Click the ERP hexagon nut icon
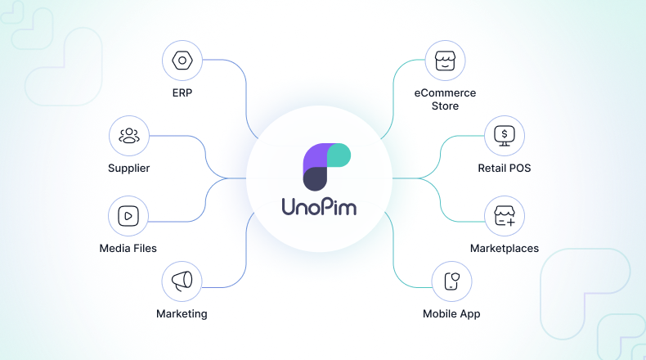(x=182, y=61)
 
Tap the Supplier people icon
(x=129, y=135)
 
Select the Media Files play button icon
(x=128, y=215)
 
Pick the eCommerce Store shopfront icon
(x=445, y=61)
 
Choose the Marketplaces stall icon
(x=505, y=215)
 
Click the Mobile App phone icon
(x=451, y=281)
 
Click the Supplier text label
(x=129, y=169)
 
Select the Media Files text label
(x=128, y=248)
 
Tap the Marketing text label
(x=182, y=313)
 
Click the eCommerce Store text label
(x=445, y=100)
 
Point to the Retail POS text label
(x=505, y=169)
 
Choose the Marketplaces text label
(x=505, y=248)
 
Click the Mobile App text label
(x=451, y=313)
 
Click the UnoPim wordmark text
(x=323, y=207)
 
